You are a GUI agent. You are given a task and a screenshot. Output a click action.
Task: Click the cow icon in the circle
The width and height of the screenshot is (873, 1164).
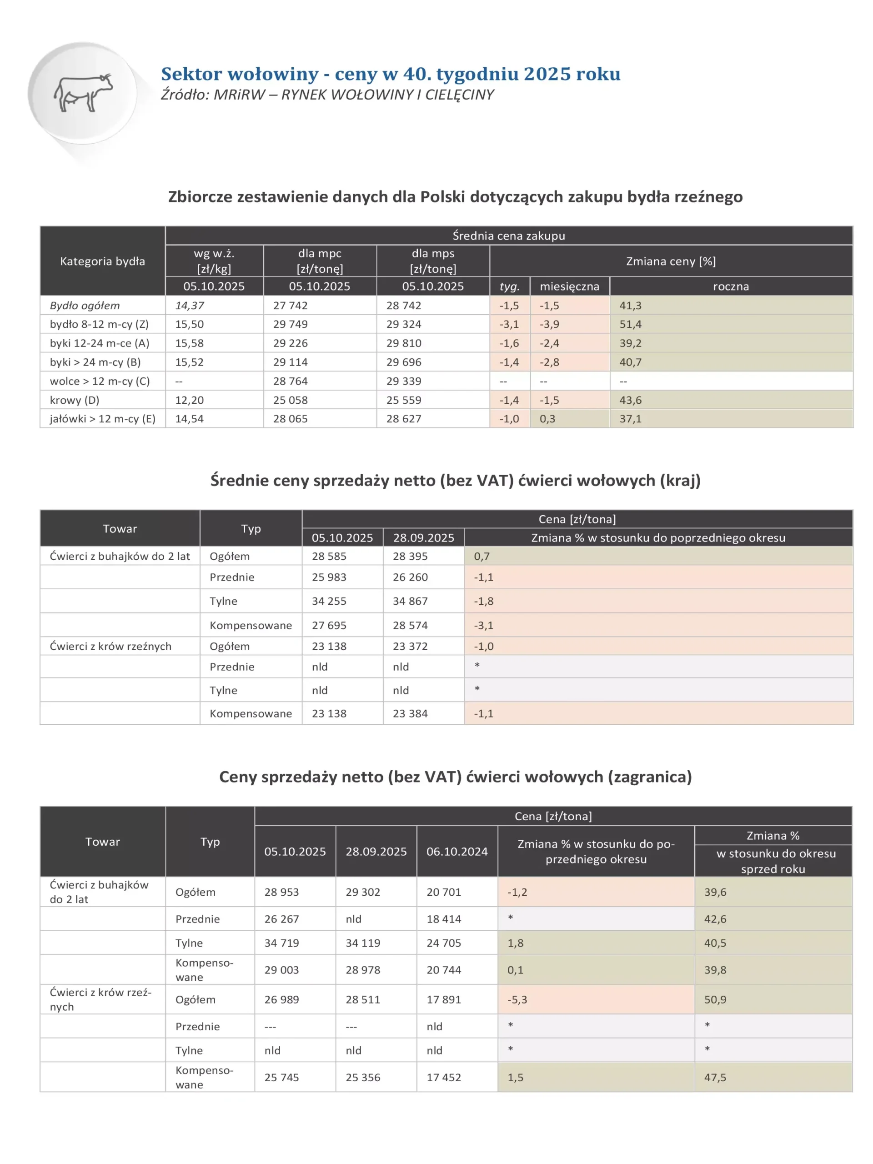coord(83,92)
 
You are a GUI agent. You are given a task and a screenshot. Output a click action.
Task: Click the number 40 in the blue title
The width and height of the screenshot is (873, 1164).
coord(411,74)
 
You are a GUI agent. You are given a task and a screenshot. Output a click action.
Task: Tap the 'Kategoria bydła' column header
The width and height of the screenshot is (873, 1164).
coord(102,261)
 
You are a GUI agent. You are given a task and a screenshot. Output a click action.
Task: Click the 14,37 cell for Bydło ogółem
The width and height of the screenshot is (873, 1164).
coord(190,306)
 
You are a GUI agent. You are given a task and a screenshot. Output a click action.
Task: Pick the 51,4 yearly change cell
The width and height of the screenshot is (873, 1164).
coord(630,324)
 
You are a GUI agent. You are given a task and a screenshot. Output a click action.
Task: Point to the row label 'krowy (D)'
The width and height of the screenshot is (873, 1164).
coord(74,400)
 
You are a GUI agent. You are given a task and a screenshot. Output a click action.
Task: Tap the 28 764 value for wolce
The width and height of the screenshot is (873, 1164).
coord(290,381)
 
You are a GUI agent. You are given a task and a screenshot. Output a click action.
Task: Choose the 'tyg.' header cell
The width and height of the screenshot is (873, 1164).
coord(509,286)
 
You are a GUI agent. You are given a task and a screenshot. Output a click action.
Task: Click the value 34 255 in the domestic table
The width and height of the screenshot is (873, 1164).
coord(329,601)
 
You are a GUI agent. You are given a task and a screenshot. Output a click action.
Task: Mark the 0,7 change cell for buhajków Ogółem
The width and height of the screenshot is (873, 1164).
coord(482,556)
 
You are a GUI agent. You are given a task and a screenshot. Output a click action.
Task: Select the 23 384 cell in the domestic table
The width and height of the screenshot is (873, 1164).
coord(410,713)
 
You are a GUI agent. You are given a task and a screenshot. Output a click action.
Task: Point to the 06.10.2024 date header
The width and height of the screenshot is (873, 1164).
coord(457,852)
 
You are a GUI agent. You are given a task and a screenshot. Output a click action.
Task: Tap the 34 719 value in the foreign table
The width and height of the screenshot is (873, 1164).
coord(281,943)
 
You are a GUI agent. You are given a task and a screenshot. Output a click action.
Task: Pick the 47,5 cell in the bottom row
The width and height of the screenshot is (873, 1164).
coord(715,1077)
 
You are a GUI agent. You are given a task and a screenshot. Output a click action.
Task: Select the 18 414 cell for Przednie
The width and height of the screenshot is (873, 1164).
coord(444,919)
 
